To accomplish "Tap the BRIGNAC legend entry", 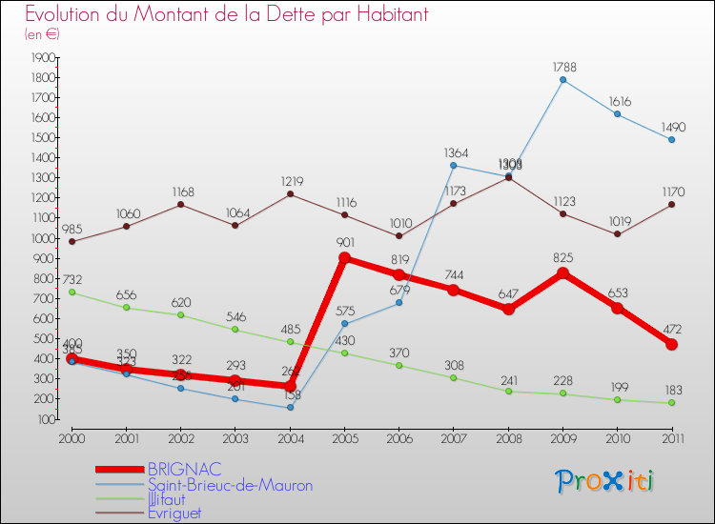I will click(x=185, y=469).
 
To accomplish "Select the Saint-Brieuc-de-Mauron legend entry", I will click(x=229, y=485).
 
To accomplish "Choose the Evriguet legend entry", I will click(x=174, y=513).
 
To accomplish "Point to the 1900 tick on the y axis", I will click(x=42, y=58).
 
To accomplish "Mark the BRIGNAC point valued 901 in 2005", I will click(x=345, y=258).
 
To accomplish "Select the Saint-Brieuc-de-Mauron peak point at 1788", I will click(x=562, y=80).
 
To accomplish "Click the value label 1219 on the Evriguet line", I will click(x=291, y=180).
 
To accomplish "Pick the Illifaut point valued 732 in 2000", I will click(x=71, y=292).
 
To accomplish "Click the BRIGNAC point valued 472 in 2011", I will click(x=672, y=344).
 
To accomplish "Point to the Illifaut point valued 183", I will click(x=672, y=402).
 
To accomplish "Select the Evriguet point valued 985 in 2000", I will click(x=71, y=241).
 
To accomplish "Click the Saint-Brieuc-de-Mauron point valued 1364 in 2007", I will click(x=454, y=165).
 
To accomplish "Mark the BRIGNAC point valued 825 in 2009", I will click(x=562, y=273).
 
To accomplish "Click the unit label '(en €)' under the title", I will click(x=42, y=34).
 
